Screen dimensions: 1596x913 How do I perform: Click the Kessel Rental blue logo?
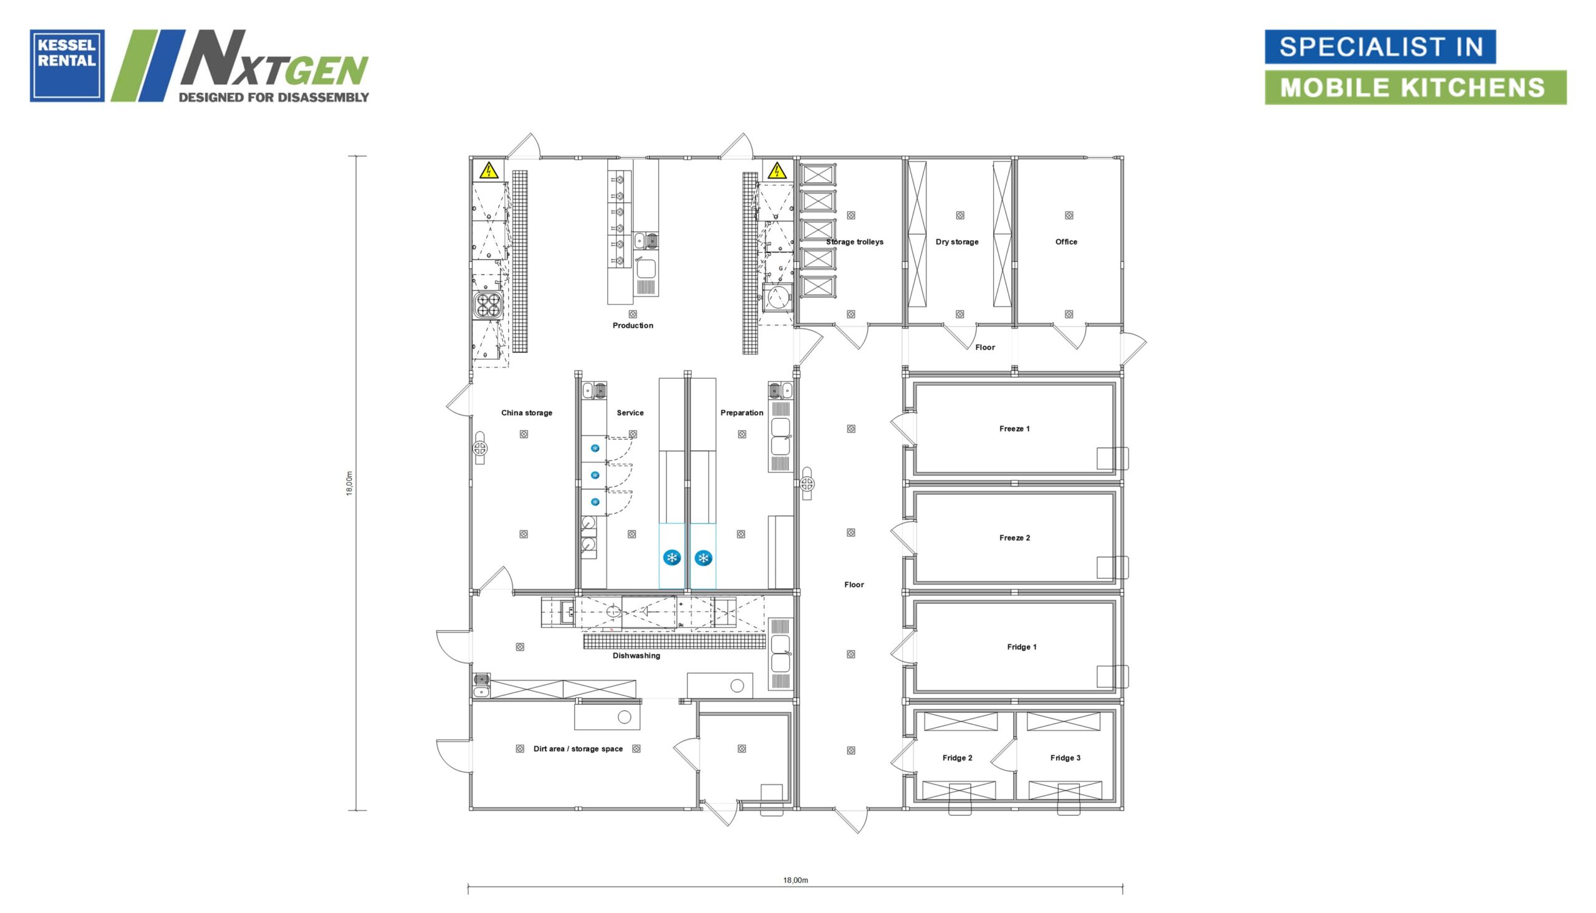[x=67, y=65]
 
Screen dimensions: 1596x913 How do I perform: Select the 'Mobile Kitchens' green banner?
[x=1415, y=87]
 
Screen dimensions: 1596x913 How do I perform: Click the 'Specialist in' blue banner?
[x=1380, y=46]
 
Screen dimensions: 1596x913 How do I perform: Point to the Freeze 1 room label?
[x=1015, y=429]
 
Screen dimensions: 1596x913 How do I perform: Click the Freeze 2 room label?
[x=1015, y=538]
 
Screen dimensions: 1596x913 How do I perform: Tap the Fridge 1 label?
[x=1022, y=647]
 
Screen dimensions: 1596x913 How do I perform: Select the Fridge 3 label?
[x=1065, y=758]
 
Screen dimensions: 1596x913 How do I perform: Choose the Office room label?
[x=1066, y=242]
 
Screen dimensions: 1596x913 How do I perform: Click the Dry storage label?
[x=957, y=242]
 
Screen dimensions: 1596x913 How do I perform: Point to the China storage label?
[x=527, y=413]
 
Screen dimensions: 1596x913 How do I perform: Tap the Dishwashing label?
[x=637, y=656]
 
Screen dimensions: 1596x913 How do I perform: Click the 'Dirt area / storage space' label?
[x=578, y=748]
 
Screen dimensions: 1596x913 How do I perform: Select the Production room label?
[x=633, y=325]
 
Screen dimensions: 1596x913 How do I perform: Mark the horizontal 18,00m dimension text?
[x=796, y=881]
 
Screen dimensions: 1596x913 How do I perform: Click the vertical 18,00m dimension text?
[x=350, y=484]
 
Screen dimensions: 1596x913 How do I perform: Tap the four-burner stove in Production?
[x=488, y=305]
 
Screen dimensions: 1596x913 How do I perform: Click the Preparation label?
[x=742, y=413]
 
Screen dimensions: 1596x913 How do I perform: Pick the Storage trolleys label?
[x=855, y=242]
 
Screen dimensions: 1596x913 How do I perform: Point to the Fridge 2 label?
[x=958, y=758]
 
